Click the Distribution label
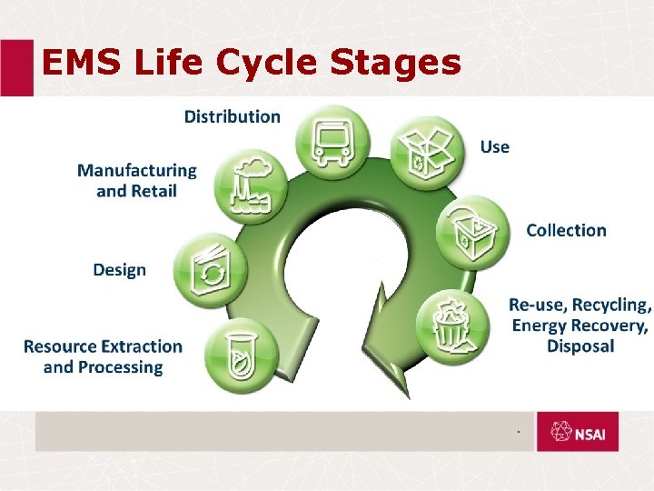coord(233,116)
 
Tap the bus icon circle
coord(332,141)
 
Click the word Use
coord(495,147)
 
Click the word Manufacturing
coord(136,170)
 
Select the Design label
coord(119,270)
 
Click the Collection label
coord(566,231)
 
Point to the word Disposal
coord(580,346)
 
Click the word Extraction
coord(142,346)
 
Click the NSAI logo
coord(577,433)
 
